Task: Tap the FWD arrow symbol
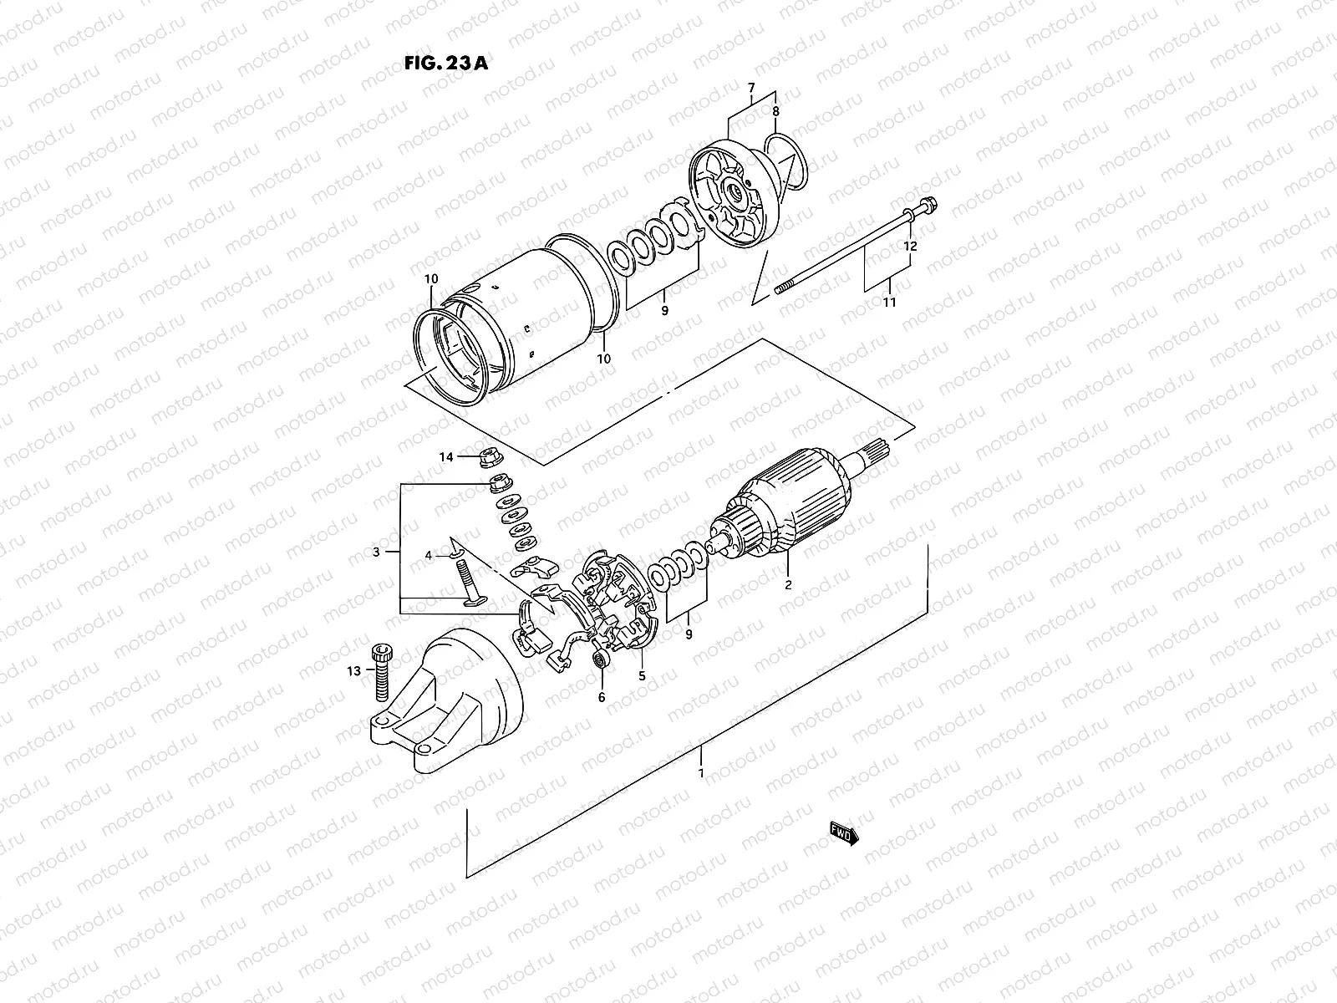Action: [844, 833]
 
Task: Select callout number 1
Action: [701, 773]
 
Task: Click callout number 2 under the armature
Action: [787, 585]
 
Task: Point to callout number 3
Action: [376, 552]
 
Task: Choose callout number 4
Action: [429, 555]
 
